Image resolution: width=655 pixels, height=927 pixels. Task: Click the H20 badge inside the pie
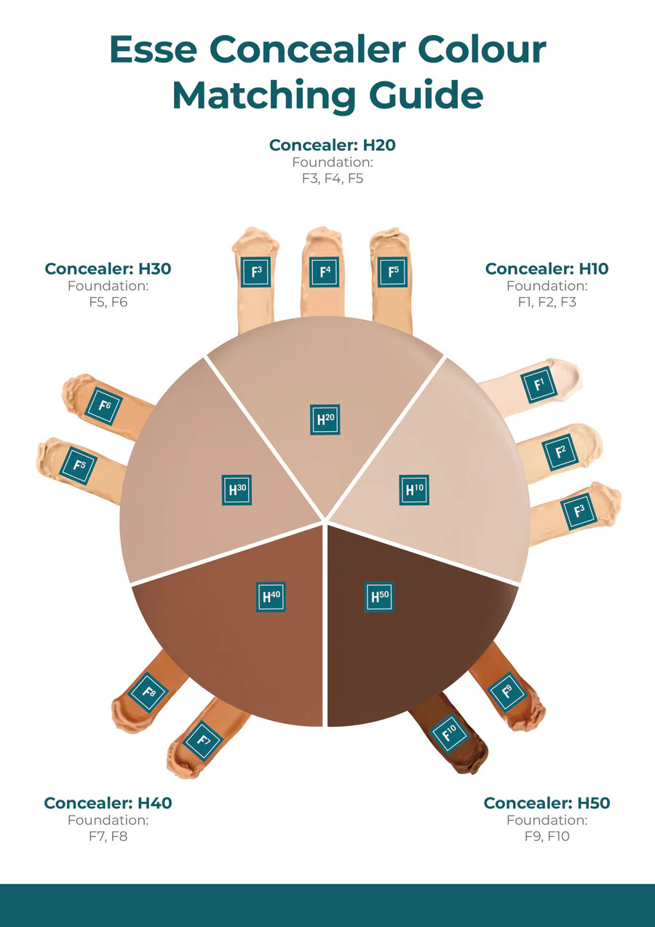(325, 419)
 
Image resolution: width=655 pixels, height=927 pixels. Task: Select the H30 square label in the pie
(236, 489)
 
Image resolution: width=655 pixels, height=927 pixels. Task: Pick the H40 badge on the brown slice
(271, 596)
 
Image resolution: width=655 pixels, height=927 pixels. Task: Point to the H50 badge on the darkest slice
(378, 596)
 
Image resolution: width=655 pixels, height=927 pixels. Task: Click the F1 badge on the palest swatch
(539, 384)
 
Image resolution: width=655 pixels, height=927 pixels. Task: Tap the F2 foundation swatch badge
(560, 451)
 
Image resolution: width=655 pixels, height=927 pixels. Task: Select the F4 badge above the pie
(324, 272)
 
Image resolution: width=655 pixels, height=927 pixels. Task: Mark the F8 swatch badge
(148, 692)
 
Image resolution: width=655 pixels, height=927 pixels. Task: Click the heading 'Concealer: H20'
(332, 145)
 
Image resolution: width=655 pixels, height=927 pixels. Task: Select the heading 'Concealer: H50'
(547, 803)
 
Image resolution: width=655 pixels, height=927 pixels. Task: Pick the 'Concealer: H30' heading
(108, 269)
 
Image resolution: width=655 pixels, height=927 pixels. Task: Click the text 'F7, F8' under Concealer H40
(108, 837)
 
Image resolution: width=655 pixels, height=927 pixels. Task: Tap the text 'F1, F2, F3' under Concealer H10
(547, 301)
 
